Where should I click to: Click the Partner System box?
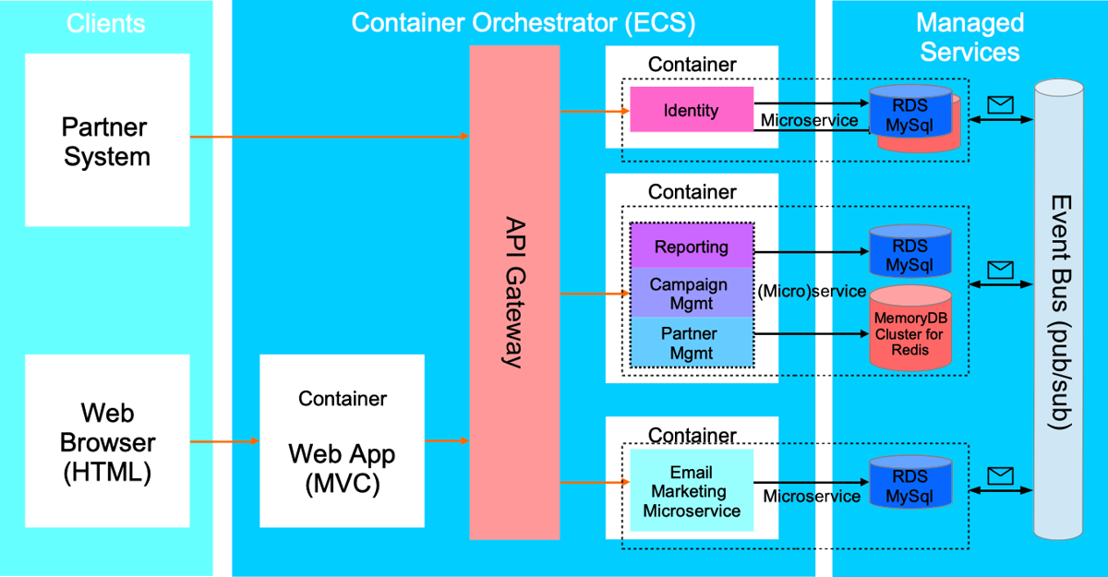pyautogui.click(x=107, y=140)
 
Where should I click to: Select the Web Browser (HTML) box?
pyautogui.click(x=107, y=441)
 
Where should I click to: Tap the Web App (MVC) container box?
pyautogui.click(x=342, y=441)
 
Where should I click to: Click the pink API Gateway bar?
pyautogui.click(x=514, y=293)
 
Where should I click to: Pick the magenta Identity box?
pyautogui.click(x=692, y=109)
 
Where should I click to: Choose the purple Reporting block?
pyautogui.click(x=692, y=246)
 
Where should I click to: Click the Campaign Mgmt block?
pyautogui.click(x=692, y=293)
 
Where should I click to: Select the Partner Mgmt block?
pyautogui.click(x=692, y=343)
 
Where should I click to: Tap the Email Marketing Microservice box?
pyautogui.click(x=692, y=490)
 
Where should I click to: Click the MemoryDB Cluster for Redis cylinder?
pyautogui.click(x=910, y=328)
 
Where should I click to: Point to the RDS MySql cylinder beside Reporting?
pyautogui.click(x=910, y=251)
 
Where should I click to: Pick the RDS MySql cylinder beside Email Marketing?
pyautogui.click(x=910, y=482)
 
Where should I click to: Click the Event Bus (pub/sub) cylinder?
pyautogui.click(x=1058, y=309)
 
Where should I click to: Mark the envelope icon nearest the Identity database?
pyautogui.click(x=1000, y=105)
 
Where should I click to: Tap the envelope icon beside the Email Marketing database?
pyautogui.click(x=1000, y=475)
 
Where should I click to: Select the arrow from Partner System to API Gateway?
pyautogui.click(x=330, y=136)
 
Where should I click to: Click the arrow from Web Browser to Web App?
pyautogui.click(x=224, y=441)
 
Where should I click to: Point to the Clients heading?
pyautogui.click(x=106, y=23)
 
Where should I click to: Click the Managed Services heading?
pyautogui.click(x=970, y=37)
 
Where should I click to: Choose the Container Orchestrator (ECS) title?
pyautogui.click(x=524, y=23)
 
